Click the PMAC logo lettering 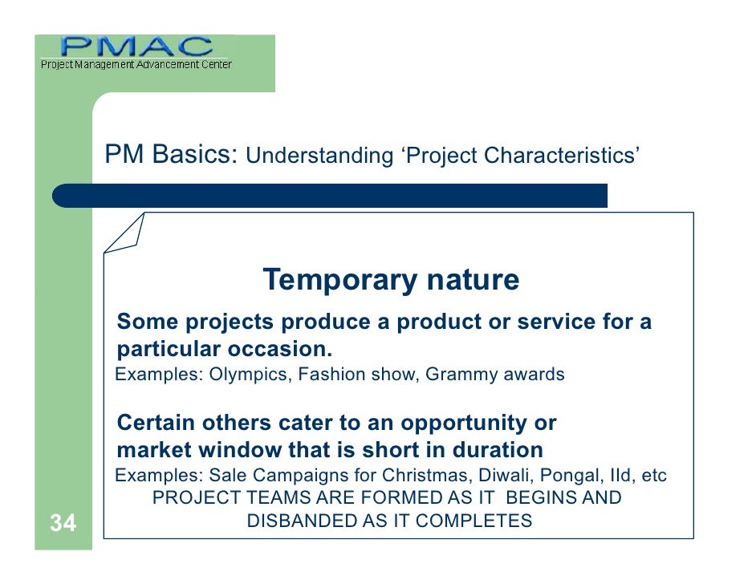tap(136, 47)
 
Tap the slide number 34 tap(63, 523)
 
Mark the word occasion tap(279, 349)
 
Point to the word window tap(240, 450)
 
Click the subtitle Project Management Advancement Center tap(136, 64)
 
